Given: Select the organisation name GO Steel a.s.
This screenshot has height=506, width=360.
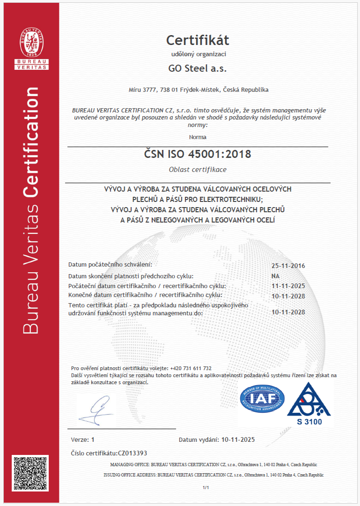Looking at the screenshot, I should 198,68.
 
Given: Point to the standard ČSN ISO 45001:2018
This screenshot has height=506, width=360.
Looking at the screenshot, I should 198,154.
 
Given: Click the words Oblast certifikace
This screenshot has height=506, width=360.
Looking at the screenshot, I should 198,170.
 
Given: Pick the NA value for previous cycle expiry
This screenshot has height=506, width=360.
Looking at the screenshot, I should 275,276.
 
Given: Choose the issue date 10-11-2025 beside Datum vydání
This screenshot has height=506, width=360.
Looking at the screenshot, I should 238,439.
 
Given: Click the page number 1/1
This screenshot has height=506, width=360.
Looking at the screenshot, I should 205,488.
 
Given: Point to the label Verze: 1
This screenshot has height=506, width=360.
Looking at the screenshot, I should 82,439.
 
